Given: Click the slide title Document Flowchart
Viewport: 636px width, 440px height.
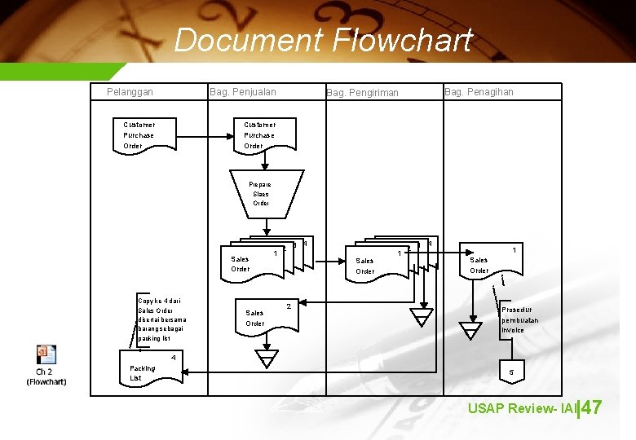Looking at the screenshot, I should tap(323, 40).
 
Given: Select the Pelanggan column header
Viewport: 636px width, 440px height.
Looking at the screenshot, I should tap(130, 92).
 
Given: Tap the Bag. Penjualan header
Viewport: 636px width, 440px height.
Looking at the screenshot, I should tap(243, 92).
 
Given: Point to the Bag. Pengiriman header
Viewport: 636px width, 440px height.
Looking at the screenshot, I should tap(362, 93).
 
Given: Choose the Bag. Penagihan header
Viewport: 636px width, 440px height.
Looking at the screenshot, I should tap(479, 92).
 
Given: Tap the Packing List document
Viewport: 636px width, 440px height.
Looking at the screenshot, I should tap(151, 373).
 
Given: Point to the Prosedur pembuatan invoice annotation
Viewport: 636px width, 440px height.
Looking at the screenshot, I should tap(519, 319).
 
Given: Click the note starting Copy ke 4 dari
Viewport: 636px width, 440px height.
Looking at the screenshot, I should tap(162, 319).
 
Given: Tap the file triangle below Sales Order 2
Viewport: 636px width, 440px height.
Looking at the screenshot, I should tap(266, 359).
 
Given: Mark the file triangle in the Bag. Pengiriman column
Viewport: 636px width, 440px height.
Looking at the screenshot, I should tap(422, 317).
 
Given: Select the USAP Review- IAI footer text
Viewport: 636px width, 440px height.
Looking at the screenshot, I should tap(522, 408).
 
